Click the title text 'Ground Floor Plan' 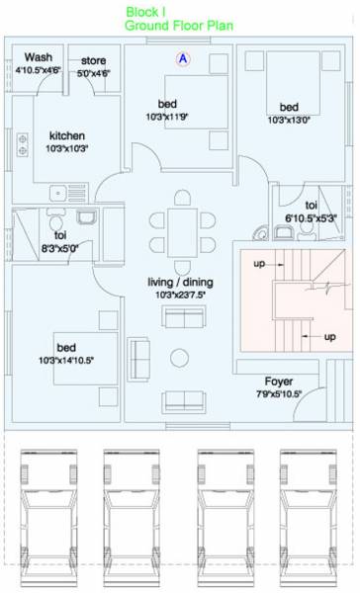(x=179, y=26)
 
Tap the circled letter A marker (x=183, y=59)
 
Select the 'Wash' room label (x=39, y=57)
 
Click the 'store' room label (x=94, y=61)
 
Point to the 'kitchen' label (x=67, y=135)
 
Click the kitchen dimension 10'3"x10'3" (x=67, y=148)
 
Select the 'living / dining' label (x=179, y=282)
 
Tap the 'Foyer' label (x=278, y=381)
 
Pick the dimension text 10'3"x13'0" (x=289, y=121)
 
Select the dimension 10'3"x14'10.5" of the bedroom (x=67, y=361)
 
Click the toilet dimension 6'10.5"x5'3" (x=311, y=216)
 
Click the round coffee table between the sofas (x=179, y=357)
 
